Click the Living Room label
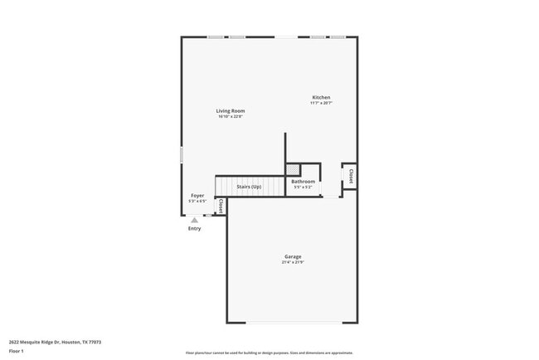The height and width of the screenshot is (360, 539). [231, 110]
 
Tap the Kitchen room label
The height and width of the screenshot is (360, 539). [321, 97]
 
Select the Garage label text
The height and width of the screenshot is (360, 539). [294, 256]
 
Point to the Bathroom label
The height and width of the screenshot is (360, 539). [303, 181]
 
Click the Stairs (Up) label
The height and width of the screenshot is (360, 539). [249, 187]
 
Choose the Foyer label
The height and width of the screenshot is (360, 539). [197, 196]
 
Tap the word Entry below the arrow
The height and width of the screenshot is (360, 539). [194, 228]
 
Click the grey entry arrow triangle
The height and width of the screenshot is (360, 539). [194, 220]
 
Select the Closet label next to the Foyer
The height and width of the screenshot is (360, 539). [221, 205]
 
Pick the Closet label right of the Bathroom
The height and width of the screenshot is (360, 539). [351, 176]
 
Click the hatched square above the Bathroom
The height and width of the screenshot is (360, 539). [294, 169]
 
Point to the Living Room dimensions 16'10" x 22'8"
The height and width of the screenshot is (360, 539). [231, 116]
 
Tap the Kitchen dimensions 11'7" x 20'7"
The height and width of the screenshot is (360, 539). [321, 103]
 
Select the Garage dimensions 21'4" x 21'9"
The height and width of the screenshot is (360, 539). [294, 262]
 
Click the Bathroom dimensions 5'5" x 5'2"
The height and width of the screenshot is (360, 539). [303, 187]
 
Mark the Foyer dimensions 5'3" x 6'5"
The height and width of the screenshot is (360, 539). [197, 201]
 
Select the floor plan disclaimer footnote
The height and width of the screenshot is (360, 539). [269, 352]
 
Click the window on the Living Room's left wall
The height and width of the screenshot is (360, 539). [182, 155]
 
